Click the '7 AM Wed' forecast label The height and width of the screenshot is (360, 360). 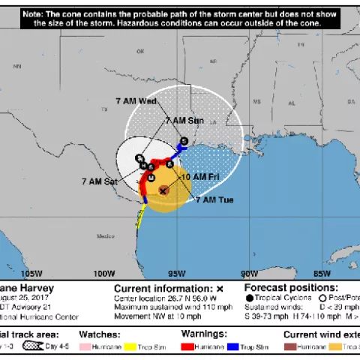[x=136, y=100]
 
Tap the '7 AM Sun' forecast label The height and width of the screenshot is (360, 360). [x=184, y=120]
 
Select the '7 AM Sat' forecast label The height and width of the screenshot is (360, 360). [x=100, y=181]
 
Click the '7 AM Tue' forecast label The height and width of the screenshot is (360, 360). [x=215, y=200]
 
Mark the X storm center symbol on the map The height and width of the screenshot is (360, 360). [x=163, y=191]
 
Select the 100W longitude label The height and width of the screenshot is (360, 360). [x=105, y=273]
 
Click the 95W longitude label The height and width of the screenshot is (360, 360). [x=178, y=273]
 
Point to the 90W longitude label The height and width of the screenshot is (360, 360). [x=250, y=273]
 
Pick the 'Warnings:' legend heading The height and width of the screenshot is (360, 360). [x=204, y=334]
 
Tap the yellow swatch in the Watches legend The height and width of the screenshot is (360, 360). [x=128, y=347]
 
